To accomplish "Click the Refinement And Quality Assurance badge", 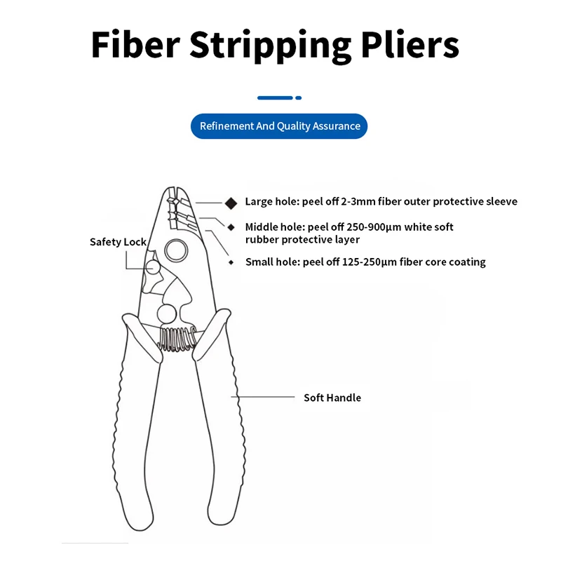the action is point(280,126).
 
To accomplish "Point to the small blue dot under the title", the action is point(299,97).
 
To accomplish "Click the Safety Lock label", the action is point(118,242).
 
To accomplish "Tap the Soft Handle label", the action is point(332,398).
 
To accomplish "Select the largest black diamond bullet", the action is point(231,202).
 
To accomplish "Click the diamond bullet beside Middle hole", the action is point(231,227).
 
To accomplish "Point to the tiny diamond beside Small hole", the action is point(231,262).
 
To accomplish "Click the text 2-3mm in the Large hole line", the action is point(356,202).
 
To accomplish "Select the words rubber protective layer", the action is point(302,240).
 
